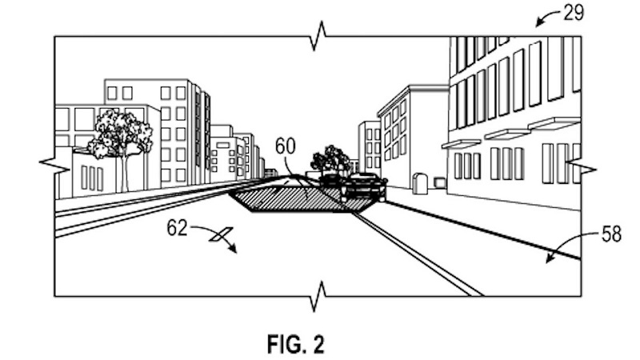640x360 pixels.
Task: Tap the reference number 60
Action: pos(285,146)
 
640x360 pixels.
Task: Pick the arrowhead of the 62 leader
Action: pos(235,250)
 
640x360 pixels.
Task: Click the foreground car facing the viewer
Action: pos(364,188)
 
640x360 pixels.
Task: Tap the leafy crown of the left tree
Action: pos(121,131)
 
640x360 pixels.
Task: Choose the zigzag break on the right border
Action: pos(581,167)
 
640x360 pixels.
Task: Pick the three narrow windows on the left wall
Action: pos(92,177)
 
